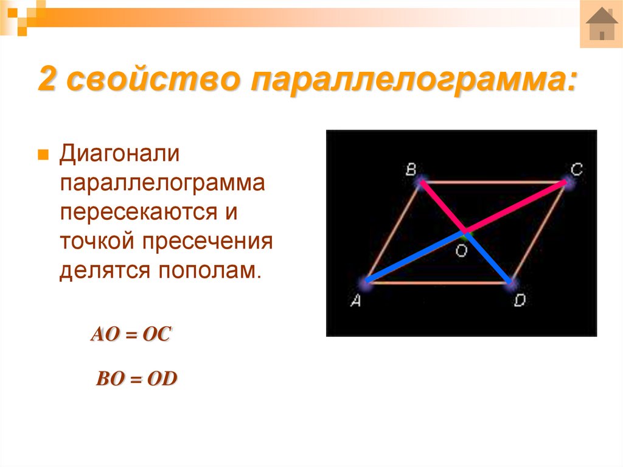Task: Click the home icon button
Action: (x=601, y=24)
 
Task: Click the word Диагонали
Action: (x=119, y=155)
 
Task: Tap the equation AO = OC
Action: (x=131, y=335)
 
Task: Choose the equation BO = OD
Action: (x=136, y=379)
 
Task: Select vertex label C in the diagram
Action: (x=576, y=169)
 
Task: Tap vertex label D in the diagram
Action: (x=519, y=301)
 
